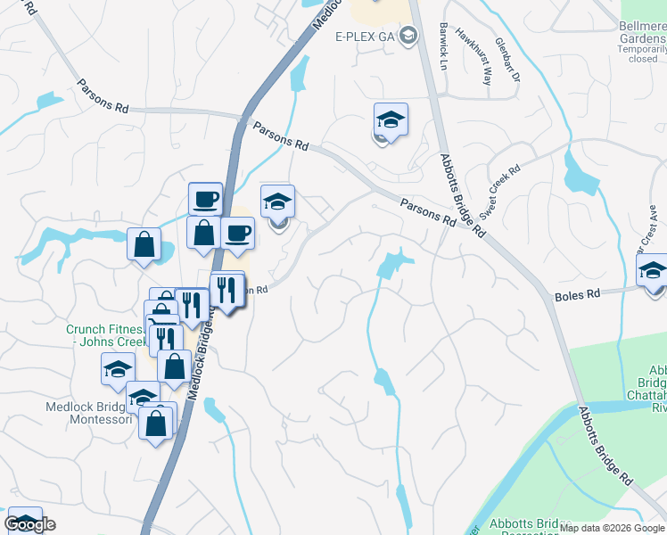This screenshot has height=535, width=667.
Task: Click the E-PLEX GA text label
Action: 366,37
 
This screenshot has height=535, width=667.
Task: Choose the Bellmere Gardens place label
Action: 642,33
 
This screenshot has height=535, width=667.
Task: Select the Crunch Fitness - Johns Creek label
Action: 104,334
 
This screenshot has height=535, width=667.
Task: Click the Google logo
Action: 29,525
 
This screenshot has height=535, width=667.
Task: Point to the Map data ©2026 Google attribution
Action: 612,528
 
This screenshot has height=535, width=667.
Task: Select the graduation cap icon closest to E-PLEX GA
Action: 390,119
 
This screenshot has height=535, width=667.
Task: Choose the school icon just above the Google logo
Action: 24,519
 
